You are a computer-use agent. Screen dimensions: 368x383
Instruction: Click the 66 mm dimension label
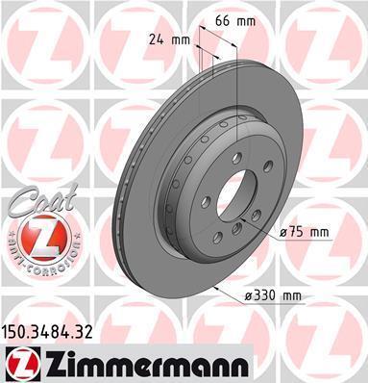[x=235, y=21]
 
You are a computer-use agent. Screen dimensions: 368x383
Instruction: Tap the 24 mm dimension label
[x=169, y=40]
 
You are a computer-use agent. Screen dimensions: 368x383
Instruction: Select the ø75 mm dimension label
[x=304, y=232]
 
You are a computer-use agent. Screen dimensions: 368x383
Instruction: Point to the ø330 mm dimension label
[x=273, y=295]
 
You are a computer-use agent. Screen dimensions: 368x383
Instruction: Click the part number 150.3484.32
[x=48, y=332]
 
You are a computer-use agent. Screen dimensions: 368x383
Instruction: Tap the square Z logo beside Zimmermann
[x=22, y=365]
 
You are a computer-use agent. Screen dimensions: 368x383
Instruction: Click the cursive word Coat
[x=42, y=200]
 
